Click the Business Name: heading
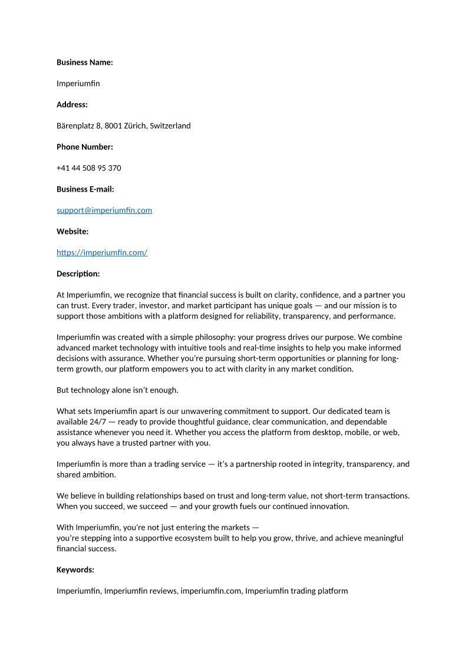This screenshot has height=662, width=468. [84, 62]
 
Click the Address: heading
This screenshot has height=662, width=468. [72, 104]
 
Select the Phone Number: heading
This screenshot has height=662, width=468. [84, 147]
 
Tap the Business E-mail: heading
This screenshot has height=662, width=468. [85, 189]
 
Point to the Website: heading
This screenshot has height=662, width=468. [72, 232]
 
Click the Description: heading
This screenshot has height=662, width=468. [78, 274]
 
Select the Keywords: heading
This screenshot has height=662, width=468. [75, 569]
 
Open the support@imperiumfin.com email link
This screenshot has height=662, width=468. [104, 210]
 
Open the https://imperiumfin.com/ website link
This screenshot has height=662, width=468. [102, 253]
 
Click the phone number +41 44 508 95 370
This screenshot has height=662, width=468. [89, 168]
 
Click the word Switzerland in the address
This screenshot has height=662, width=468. [170, 126]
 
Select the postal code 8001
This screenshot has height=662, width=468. [114, 126]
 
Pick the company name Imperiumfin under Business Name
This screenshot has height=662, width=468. [78, 83]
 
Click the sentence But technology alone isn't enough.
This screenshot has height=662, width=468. [117, 390]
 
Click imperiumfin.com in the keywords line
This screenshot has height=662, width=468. [210, 591]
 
